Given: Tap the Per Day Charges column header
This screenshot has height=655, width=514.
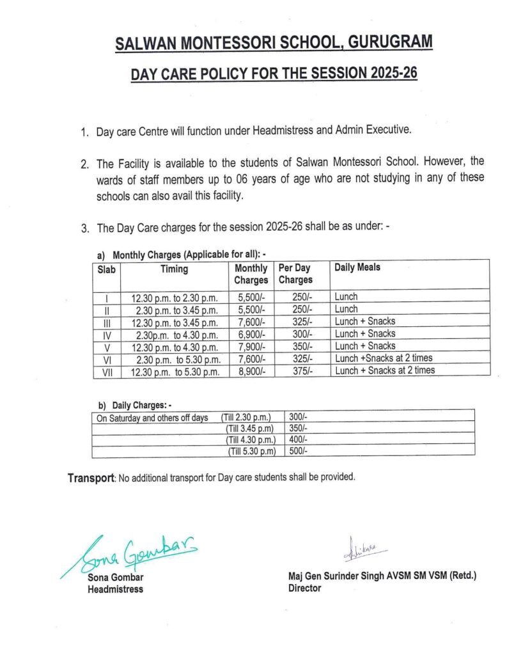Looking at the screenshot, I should [x=295, y=274].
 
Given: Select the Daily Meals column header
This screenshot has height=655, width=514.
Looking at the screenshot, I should [x=357, y=267].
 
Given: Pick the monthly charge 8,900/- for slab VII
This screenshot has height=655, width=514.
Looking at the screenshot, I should [x=251, y=370].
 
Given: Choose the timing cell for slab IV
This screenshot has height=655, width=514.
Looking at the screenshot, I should [x=175, y=334].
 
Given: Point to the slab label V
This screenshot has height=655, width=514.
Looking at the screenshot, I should [x=107, y=346].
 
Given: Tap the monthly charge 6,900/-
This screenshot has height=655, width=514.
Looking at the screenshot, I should [x=251, y=334].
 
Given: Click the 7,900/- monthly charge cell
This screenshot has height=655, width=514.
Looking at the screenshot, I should [x=251, y=346].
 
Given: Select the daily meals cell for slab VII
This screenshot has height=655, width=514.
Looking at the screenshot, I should [x=384, y=370].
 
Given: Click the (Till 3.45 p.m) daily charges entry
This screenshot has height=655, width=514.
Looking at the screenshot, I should [x=250, y=429].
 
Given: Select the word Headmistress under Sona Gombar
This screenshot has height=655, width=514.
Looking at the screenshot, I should [x=115, y=589].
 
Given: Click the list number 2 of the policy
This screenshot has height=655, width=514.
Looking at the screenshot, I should [x=84, y=165].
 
